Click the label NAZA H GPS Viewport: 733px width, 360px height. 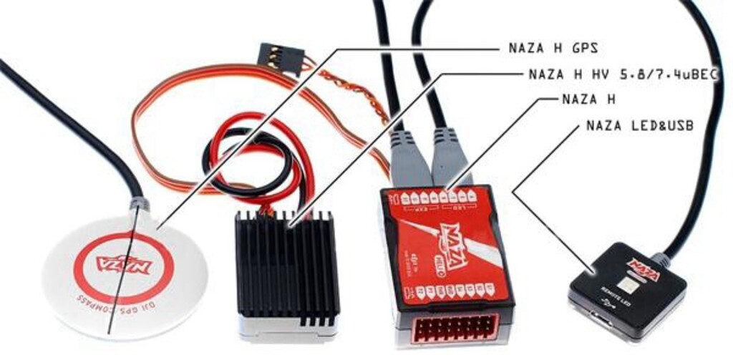553,49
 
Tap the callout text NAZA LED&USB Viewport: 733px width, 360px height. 639,126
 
